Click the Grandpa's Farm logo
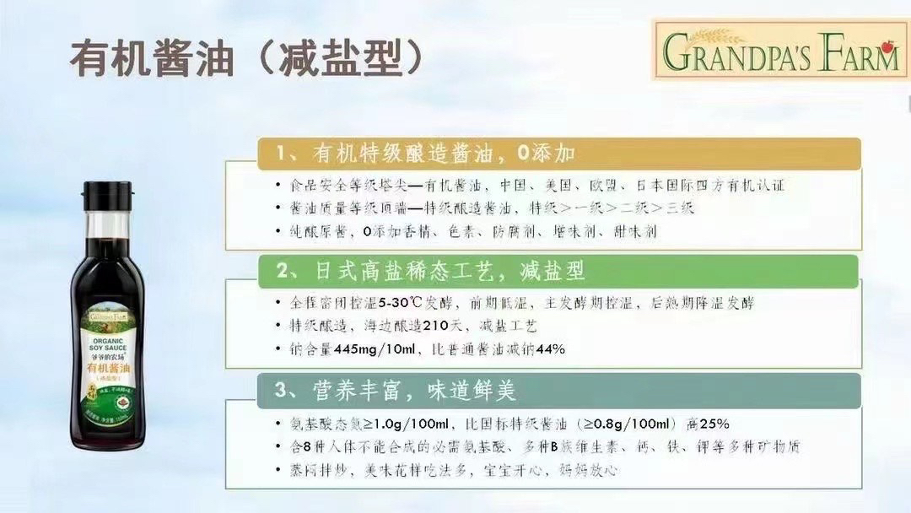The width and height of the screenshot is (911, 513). point(780,50)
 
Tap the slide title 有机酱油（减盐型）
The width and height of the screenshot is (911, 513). point(246,58)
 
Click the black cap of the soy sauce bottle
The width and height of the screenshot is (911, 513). point(108,196)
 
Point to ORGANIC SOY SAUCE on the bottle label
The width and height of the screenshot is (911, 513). point(108,344)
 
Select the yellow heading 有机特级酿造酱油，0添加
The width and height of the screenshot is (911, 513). point(426,154)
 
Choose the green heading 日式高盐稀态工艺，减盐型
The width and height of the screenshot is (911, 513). point(430,271)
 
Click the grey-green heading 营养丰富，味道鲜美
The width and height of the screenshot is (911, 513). point(396,390)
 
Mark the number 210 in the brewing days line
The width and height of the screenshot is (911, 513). point(436,326)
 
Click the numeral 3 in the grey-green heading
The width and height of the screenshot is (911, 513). point(281,390)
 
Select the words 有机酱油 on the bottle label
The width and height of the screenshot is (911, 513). point(109,369)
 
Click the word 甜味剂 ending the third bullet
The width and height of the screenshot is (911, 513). point(635,232)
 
